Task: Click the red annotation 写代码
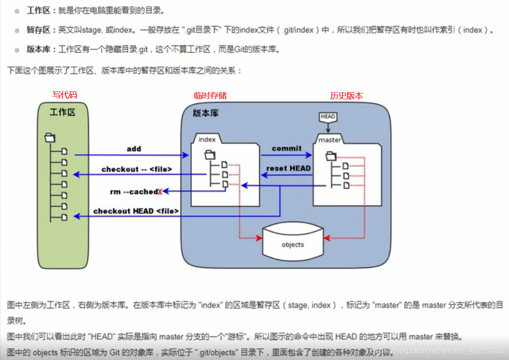click(65, 95)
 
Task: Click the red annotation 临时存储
click(210, 95)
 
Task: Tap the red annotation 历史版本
click(347, 96)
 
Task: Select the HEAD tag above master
click(328, 117)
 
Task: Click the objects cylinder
click(293, 242)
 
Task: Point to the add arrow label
click(134, 149)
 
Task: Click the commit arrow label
click(287, 148)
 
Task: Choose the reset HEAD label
click(288, 168)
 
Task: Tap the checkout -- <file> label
click(137, 169)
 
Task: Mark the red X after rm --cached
click(160, 192)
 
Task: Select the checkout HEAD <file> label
click(136, 211)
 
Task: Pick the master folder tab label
click(329, 140)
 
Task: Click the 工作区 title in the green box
click(63, 112)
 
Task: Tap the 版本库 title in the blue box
click(206, 113)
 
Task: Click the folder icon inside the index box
click(210, 155)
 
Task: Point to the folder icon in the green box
click(50, 138)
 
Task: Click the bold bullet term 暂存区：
click(41, 30)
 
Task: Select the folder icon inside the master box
click(330, 157)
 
